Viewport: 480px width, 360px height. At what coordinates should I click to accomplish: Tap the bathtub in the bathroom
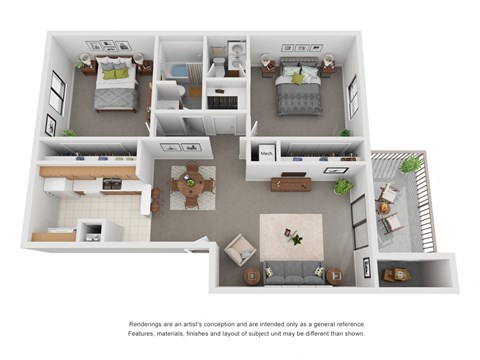(181, 72)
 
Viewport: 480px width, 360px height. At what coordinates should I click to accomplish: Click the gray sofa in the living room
(292, 271)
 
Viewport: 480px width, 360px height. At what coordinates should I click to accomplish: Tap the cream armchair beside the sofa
(240, 249)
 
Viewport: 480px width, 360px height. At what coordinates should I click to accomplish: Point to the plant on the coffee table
(294, 237)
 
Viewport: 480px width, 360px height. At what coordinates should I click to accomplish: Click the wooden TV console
(291, 184)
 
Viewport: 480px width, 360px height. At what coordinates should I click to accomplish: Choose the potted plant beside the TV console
(342, 186)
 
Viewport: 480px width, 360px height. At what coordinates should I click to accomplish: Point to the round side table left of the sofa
(250, 272)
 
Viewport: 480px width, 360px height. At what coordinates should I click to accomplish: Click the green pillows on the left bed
(116, 73)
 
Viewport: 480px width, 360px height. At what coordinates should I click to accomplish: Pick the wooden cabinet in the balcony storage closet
(398, 273)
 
